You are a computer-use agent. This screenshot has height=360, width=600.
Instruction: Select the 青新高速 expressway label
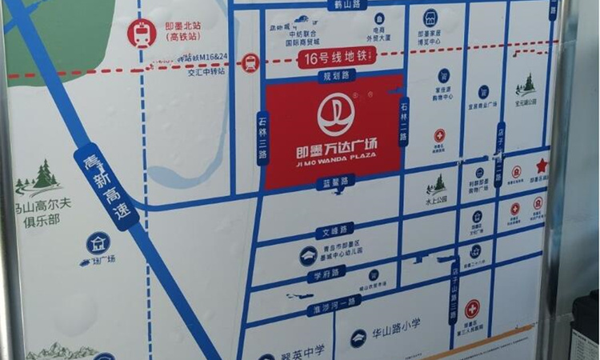pyautogui.click(x=100, y=186)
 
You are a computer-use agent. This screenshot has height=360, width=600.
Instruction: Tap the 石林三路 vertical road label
pyautogui.click(x=262, y=141)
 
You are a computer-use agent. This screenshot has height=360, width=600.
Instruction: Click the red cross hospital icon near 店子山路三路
pyautogui.click(x=472, y=308)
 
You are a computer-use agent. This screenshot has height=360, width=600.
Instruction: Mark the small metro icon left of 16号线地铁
pyautogui.click(x=250, y=61)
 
